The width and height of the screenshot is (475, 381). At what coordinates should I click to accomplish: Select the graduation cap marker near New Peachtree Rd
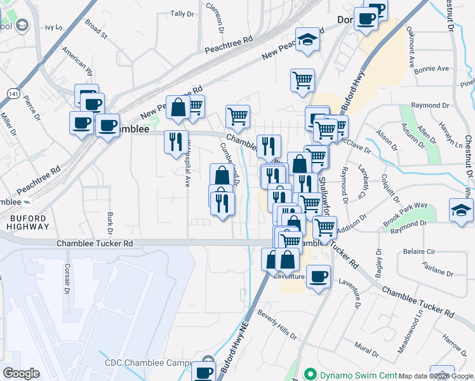pos(307,40)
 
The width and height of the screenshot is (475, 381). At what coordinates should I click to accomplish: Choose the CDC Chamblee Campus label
pos(149,363)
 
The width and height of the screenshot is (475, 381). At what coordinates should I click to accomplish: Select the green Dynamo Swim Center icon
pos(310,375)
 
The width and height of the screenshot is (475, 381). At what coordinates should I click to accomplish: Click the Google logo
pos(21,373)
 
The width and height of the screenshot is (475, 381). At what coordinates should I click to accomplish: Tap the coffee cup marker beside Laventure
pos(318,277)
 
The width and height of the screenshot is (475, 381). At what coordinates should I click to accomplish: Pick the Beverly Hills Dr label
pos(276,324)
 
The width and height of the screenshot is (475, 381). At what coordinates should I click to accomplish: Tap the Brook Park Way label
pos(405,215)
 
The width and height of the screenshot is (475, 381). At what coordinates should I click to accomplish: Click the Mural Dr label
pos(367,349)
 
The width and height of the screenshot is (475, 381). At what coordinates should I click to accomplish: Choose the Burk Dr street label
pos(110,224)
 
